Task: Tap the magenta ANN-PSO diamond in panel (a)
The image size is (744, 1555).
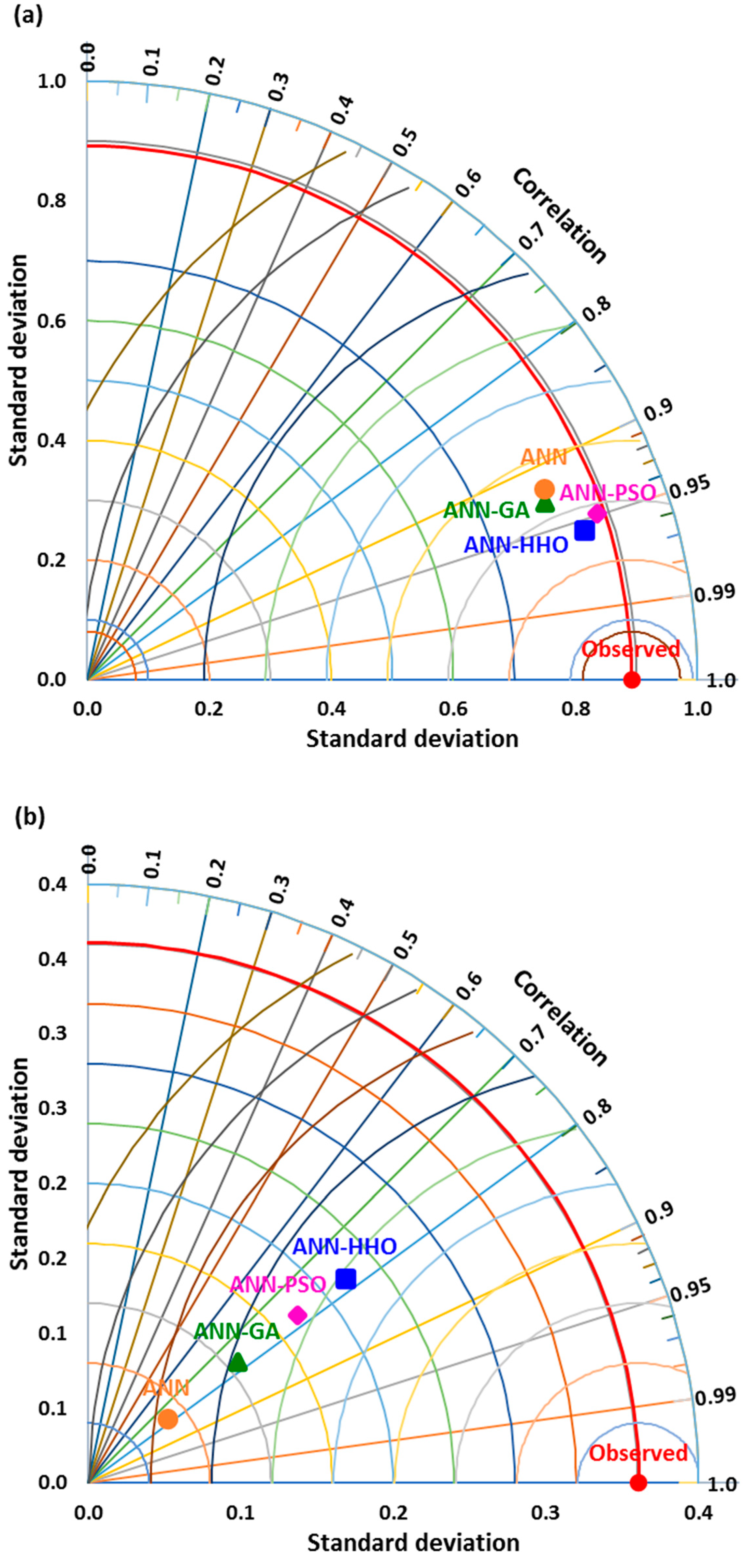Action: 597,513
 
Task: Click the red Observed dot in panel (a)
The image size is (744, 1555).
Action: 631,680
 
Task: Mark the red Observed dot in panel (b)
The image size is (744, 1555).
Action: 638,1482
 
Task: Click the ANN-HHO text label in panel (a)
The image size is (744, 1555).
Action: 516,545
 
